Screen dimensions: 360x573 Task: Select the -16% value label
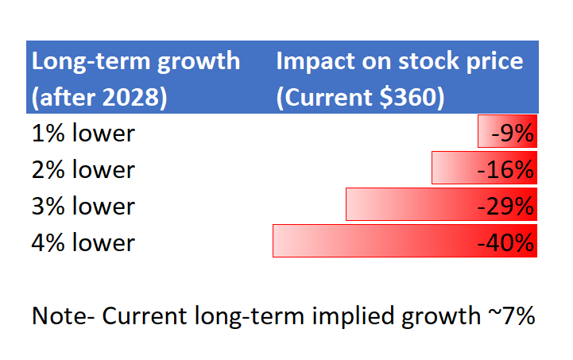tap(505, 169)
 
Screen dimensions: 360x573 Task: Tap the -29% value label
tap(505, 206)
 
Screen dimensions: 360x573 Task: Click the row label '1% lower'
tap(83, 133)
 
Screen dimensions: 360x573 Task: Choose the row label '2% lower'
tap(83, 169)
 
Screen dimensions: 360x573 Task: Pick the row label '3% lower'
tap(83, 206)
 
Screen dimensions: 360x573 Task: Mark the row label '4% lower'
tap(83, 242)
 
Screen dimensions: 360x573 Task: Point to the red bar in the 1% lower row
tap(486, 131)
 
